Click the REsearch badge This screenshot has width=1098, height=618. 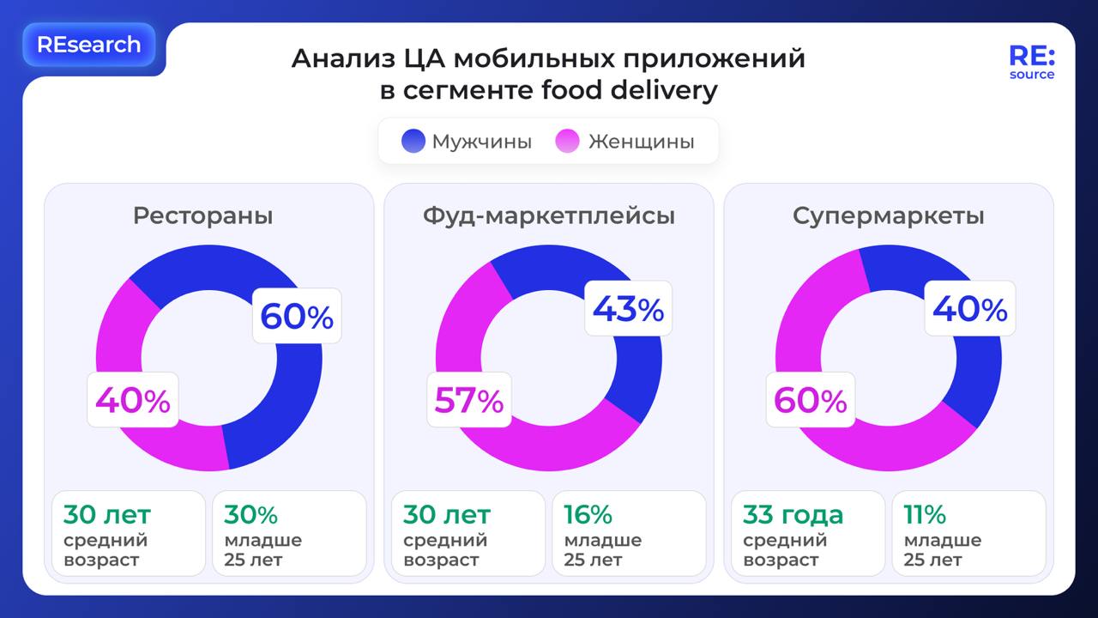pyautogui.click(x=88, y=45)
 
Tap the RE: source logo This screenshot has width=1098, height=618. pyautogui.click(x=1032, y=62)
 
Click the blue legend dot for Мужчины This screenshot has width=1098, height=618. pyautogui.click(x=413, y=142)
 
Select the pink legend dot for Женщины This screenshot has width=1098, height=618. pyautogui.click(x=568, y=142)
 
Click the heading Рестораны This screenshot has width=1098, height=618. pyautogui.click(x=202, y=215)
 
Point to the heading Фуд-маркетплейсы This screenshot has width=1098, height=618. pyautogui.click(x=548, y=215)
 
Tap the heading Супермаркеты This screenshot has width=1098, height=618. pyautogui.click(x=888, y=215)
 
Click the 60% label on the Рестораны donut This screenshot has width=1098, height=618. pyautogui.click(x=297, y=317)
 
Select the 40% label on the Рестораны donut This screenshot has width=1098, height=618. pyautogui.click(x=133, y=400)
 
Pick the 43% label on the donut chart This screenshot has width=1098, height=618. pyautogui.click(x=628, y=309)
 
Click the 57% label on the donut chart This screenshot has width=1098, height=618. pyautogui.click(x=469, y=400)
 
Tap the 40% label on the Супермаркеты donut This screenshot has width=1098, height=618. pyautogui.click(x=969, y=309)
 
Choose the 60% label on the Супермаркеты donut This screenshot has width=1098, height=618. pyautogui.click(x=811, y=400)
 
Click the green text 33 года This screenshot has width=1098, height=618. pyautogui.click(x=793, y=515)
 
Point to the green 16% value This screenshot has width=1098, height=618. pyautogui.click(x=588, y=515)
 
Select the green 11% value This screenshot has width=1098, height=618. pyautogui.click(x=924, y=515)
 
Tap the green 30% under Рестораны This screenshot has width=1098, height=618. pyautogui.click(x=250, y=515)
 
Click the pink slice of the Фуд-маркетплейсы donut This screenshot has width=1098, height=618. pyautogui.click(x=549, y=446)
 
